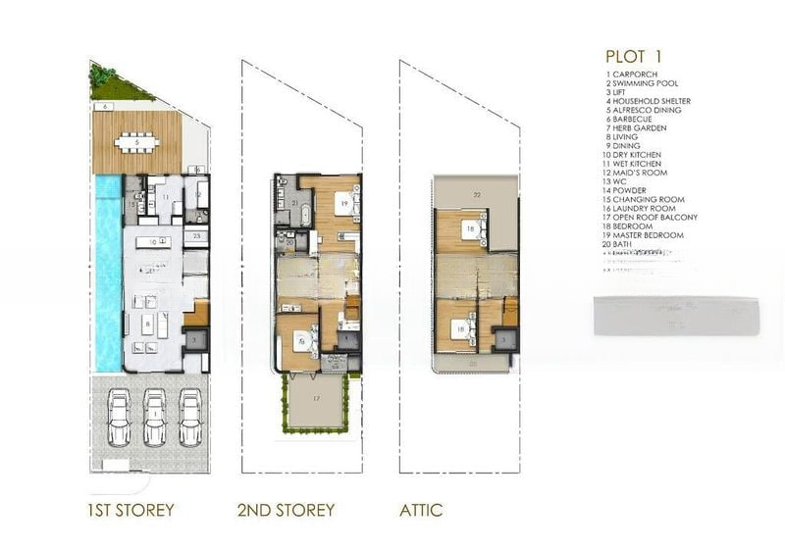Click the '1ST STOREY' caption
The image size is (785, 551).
pyautogui.click(x=131, y=510)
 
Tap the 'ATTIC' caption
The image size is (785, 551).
pyautogui.click(x=421, y=510)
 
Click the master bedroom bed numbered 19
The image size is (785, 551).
pyautogui.click(x=343, y=205)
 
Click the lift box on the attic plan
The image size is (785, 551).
pyautogui.click(x=502, y=338)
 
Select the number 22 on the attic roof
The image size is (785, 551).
pyautogui.click(x=478, y=195)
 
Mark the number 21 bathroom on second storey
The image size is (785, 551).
pyautogui.click(x=294, y=202)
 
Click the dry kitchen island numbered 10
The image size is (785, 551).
pyautogui.click(x=153, y=240)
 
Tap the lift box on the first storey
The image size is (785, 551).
pyautogui.click(x=194, y=338)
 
